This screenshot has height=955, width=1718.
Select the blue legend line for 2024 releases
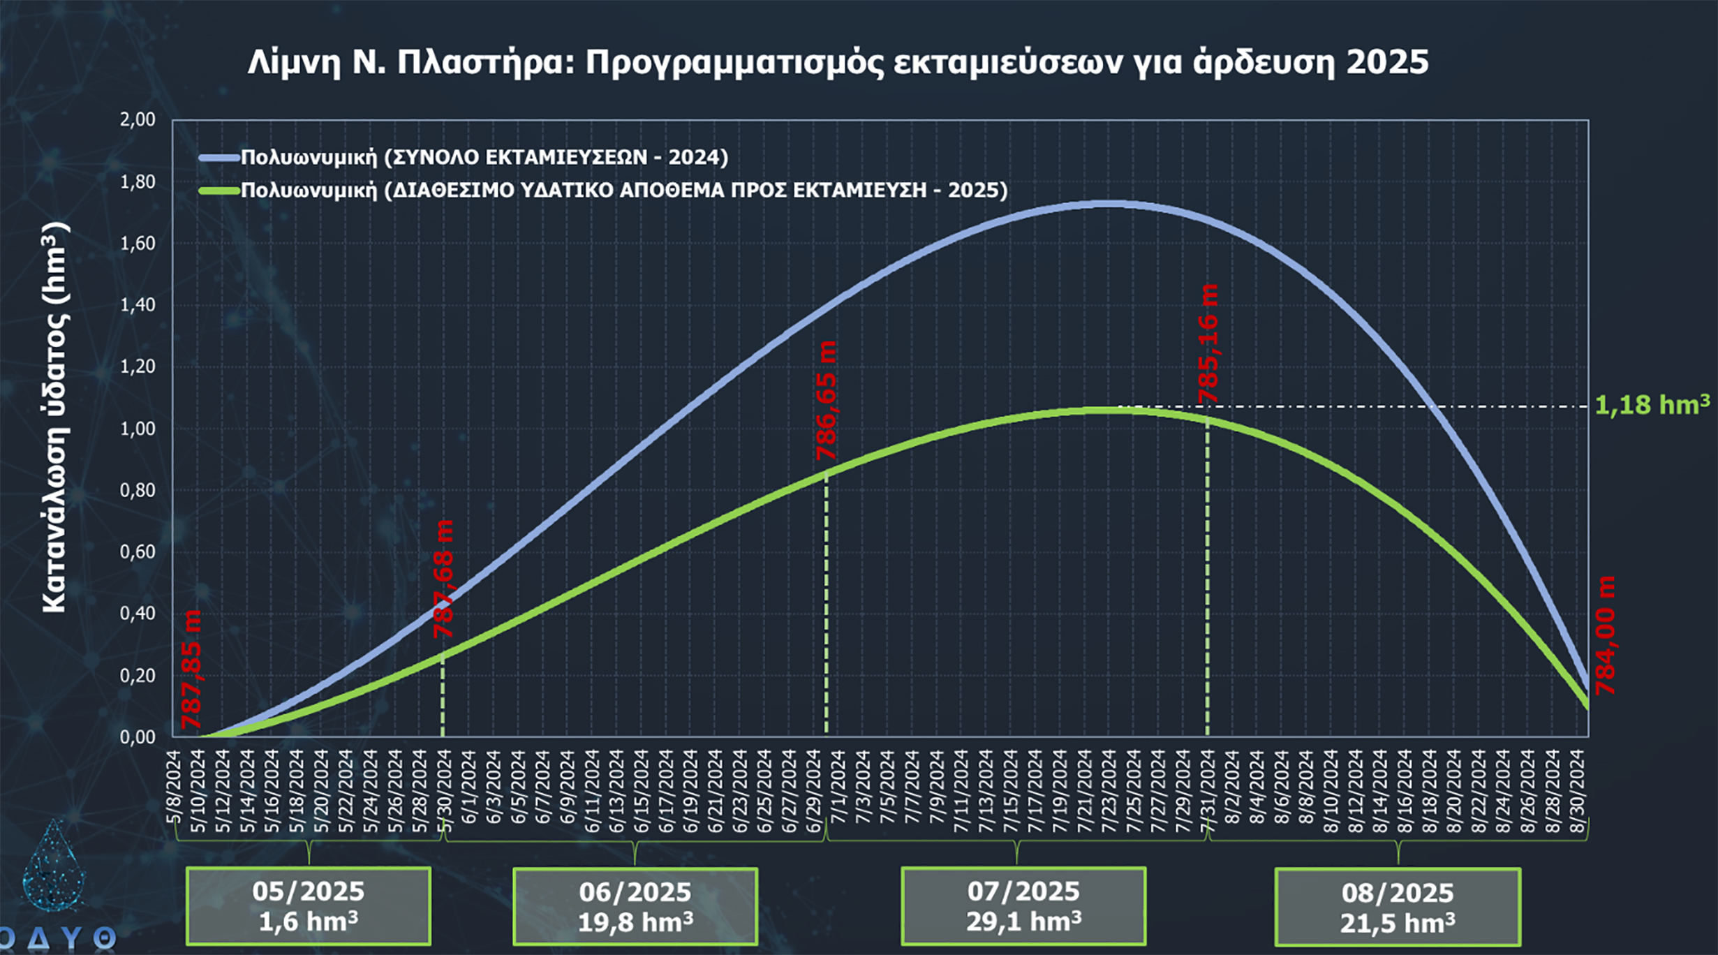(x=219, y=158)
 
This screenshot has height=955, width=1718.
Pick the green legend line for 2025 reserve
(x=219, y=191)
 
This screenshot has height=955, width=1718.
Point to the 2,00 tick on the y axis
(x=138, y=119)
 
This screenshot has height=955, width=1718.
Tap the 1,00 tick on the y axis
(x=138, y=429)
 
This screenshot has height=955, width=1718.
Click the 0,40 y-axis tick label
(x=138, y=614)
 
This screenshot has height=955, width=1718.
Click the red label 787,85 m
(x=191, y=669)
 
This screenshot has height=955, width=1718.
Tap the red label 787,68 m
(x=444, y=579)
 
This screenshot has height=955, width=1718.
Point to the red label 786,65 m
(x=827, y=401)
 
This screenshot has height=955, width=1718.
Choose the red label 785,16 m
(x=1208, y=343)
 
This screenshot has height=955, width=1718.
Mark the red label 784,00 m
(x=1606, y=635)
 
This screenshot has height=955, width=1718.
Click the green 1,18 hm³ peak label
(x=1652, y=405)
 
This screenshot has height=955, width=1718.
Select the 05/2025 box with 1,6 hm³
(x=309, y=906)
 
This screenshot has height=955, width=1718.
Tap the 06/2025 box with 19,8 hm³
(x=635, y=907)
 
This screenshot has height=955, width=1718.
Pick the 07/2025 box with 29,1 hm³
(x=1023, y=906)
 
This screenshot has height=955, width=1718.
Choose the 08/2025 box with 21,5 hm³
(x=1398, y=908)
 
